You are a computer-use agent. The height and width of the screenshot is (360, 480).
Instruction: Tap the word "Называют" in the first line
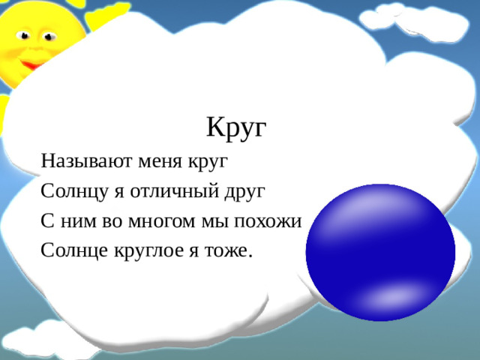click(x=78, y=160)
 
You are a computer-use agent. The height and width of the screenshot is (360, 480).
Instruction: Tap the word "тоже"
click(x=227, y=250)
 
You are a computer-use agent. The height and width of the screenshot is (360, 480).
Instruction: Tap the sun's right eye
click(x=50, y=35)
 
